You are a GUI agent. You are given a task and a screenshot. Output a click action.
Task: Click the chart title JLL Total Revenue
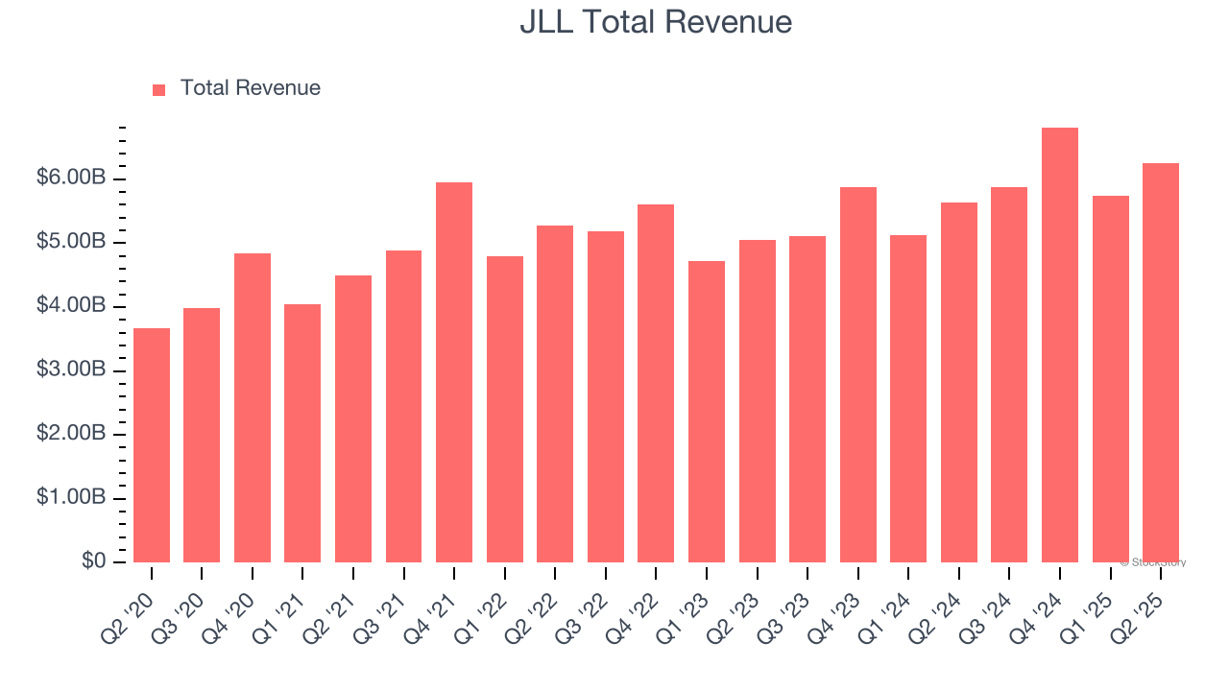(656, 22)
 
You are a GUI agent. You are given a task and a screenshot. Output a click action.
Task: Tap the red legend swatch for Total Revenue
(159, 89)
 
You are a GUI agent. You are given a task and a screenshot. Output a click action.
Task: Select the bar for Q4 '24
(1060, 345)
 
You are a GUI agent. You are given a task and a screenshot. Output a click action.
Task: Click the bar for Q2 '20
(152, 445)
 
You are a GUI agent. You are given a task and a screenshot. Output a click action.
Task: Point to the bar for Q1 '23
(707, 412)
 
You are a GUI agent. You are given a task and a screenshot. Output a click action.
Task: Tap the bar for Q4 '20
(253, 408)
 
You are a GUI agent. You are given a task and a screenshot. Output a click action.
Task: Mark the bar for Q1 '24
(908, 398)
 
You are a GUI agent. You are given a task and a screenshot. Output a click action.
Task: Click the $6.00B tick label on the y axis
(71, 179)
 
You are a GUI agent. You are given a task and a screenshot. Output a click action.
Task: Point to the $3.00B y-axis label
(71, 370)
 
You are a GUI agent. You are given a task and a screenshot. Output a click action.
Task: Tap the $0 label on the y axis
(93, 561)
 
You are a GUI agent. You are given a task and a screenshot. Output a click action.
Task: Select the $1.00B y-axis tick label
(71, 498)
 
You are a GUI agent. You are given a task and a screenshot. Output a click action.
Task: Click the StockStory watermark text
(1153, 562)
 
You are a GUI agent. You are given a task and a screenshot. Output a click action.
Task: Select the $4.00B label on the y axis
(71, 306)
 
